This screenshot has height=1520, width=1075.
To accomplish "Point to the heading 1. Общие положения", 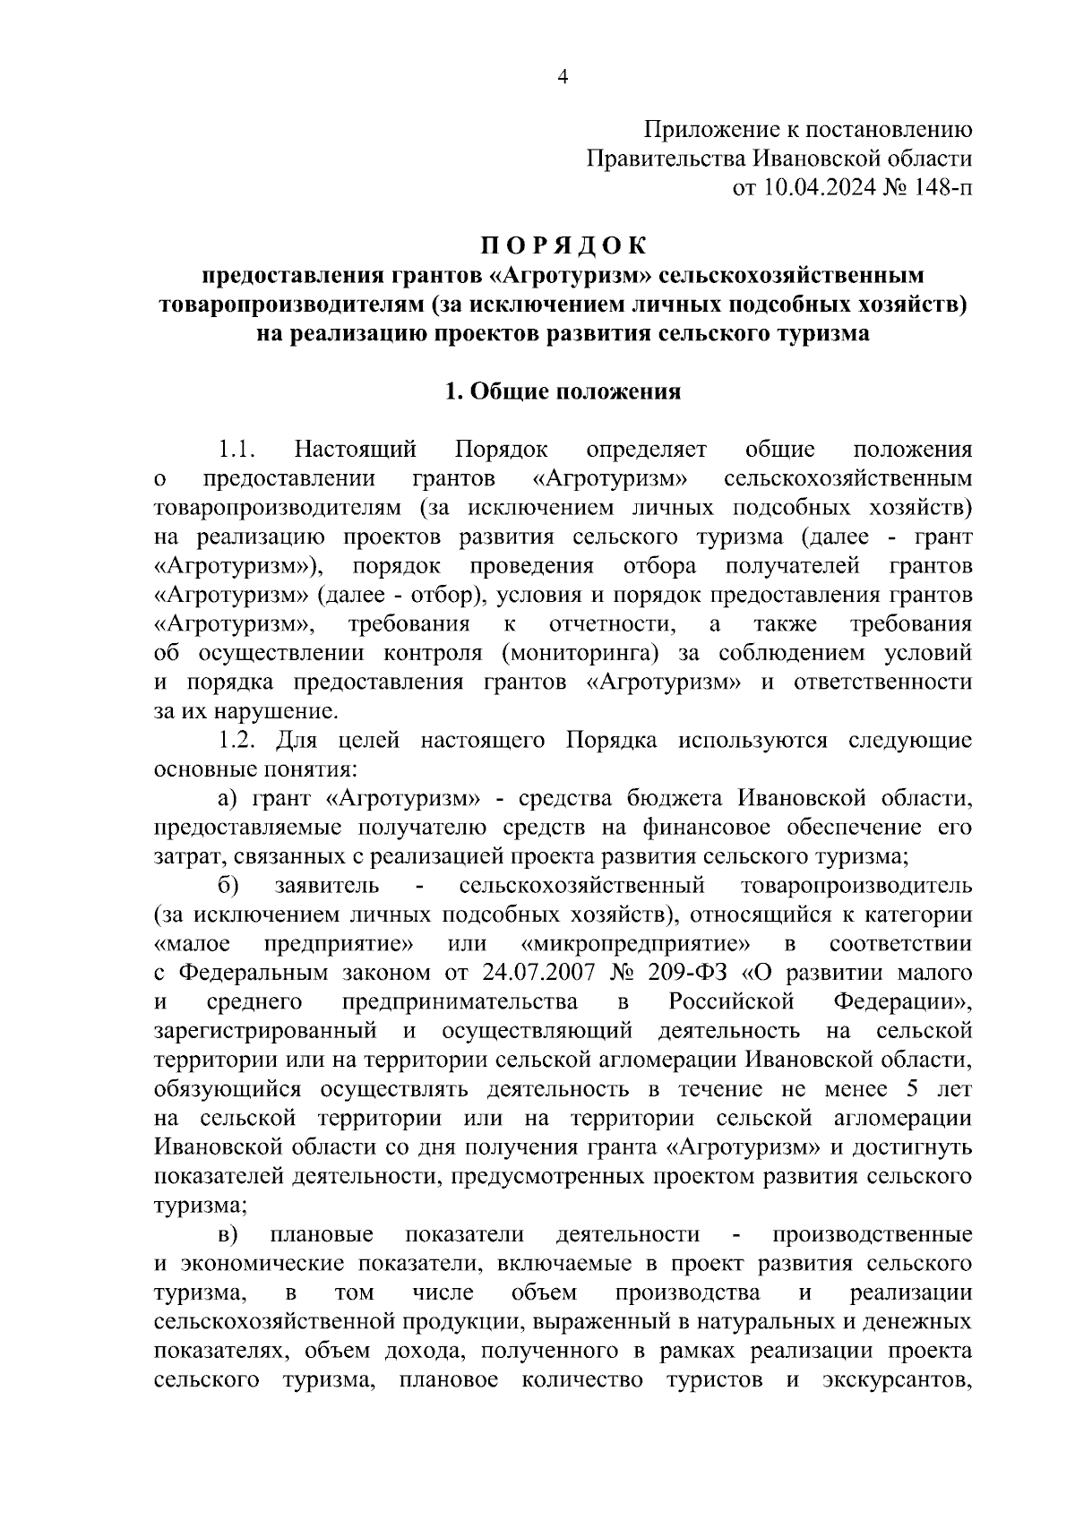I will coord(563,391).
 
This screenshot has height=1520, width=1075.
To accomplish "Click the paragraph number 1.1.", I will coord(237,450).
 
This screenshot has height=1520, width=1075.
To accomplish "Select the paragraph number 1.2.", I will coord(237,741).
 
